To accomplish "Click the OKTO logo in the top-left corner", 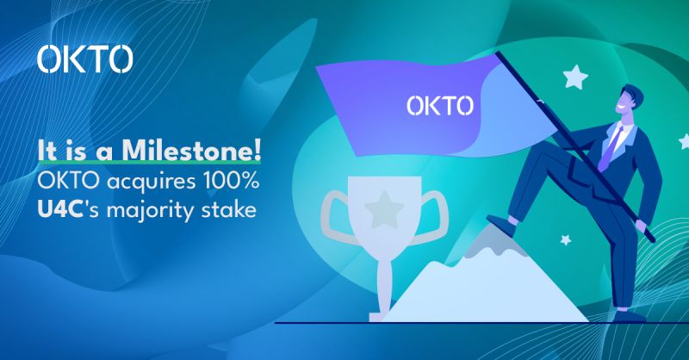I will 85,59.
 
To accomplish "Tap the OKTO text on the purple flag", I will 439,106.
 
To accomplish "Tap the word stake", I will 232,208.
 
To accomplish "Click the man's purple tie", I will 609,145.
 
